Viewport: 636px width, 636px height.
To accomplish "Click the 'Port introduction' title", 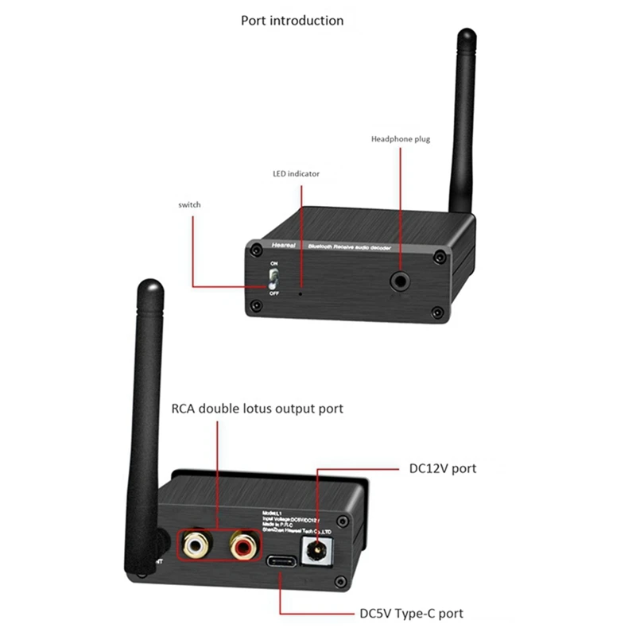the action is coord(293,21).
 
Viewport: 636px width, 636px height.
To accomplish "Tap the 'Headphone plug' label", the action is coord(401,139).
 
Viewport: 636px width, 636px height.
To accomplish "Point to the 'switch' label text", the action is coord(189,205).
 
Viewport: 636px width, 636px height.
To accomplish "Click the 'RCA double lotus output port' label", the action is coord(258,409).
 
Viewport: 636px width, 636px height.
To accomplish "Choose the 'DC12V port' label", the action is coord(442,468).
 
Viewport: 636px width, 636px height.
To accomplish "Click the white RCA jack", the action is coord(194,545).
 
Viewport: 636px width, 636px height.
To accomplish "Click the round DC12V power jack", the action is coord(320,548).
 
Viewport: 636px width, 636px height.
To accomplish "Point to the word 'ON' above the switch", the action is coord(274,263).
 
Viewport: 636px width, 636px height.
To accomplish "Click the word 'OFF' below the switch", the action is coord(274,293).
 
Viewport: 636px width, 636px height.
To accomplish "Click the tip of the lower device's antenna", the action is coord(149,286).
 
